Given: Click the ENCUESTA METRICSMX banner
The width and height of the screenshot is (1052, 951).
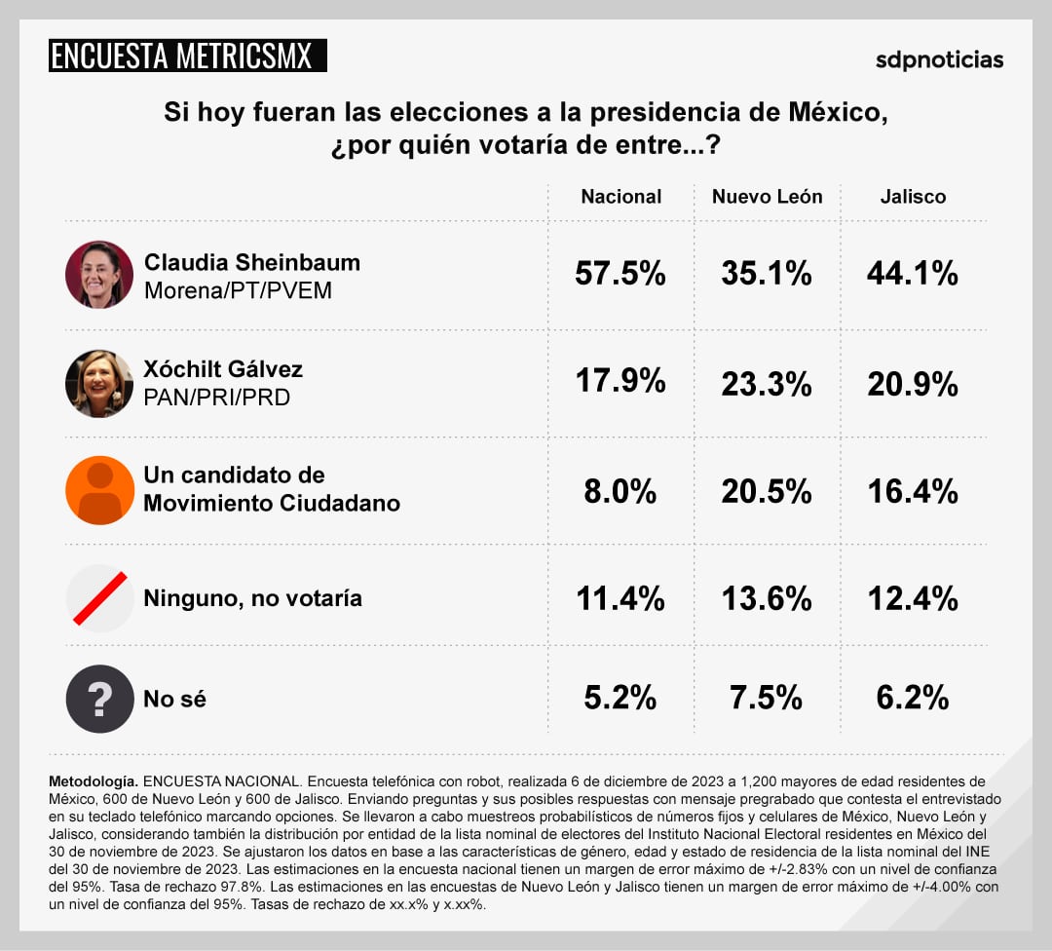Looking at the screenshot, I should click(187, 56).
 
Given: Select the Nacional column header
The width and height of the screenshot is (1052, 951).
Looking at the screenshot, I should click(620, 196).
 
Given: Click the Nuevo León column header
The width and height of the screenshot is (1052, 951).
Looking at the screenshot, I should click(767, 196).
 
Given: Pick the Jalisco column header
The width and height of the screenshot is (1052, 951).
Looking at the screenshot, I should click(913, 196).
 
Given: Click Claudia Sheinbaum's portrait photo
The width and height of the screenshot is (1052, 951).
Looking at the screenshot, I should click(99, 275).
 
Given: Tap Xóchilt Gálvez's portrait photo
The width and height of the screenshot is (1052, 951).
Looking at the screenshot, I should click(99, 383).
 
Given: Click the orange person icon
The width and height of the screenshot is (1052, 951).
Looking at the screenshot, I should click(99, 490).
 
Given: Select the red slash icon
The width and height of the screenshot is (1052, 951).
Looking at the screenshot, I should click(99, 597).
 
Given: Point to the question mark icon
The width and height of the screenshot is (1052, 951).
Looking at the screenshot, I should click(99, 699).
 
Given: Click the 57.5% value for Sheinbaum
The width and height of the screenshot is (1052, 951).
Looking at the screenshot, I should click(620, 274).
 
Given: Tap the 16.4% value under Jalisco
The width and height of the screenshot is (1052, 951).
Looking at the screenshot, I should click(913, 491).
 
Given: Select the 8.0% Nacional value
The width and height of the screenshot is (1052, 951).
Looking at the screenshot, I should click(620, 491).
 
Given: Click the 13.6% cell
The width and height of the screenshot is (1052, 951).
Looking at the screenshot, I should click(767, 598).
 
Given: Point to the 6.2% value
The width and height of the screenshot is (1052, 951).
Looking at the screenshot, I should click(913, 698).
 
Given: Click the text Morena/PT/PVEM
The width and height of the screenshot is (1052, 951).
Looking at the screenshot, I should click(238, 290).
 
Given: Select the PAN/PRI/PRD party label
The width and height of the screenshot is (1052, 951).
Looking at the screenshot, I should click(216, 398).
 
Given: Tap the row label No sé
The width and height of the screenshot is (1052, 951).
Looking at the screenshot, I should click(174, 699).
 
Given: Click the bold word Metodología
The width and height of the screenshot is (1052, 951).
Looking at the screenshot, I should click(94, 781).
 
